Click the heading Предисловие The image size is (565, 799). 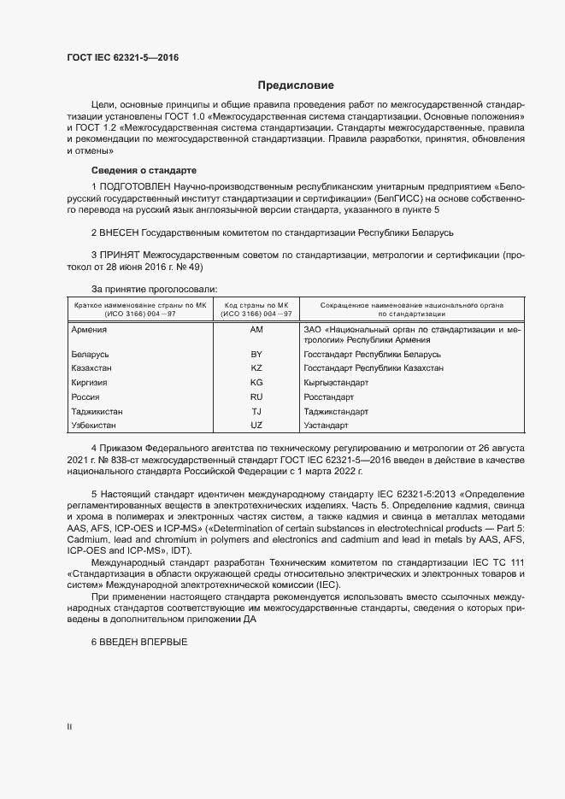click(x=296, y=85)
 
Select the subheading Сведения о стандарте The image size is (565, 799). click(x=144, y=170)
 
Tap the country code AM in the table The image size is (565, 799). click(x=256, y=329)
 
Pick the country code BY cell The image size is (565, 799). click(x=256, y=354)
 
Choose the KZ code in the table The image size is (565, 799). click(x=256, y=368)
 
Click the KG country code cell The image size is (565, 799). click(x=256, y=383)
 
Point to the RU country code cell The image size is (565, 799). click(x=256, y=397)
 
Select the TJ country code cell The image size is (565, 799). click(x=256, y=411)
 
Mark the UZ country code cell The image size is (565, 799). click(x=256, y=425)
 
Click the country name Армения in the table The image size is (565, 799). click(x=90, y=329)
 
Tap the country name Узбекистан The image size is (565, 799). click(x=94, y=425)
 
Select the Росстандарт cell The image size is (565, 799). click(x=329, y=397)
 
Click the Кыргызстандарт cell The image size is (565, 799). click(x=335, y=383)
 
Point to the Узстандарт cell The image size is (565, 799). click(x=327, y=425)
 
